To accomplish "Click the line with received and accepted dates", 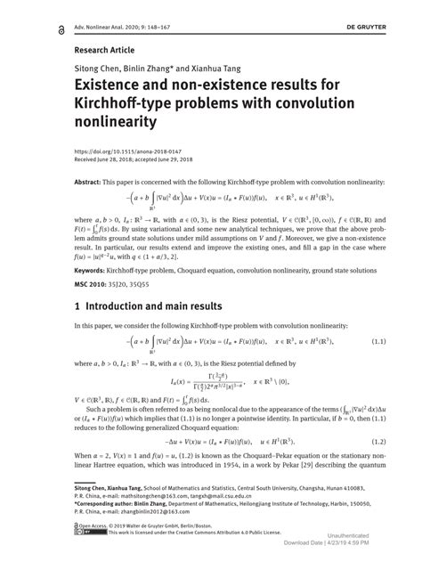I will tap(134, 159).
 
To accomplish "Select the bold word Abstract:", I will tap(92, 182).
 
